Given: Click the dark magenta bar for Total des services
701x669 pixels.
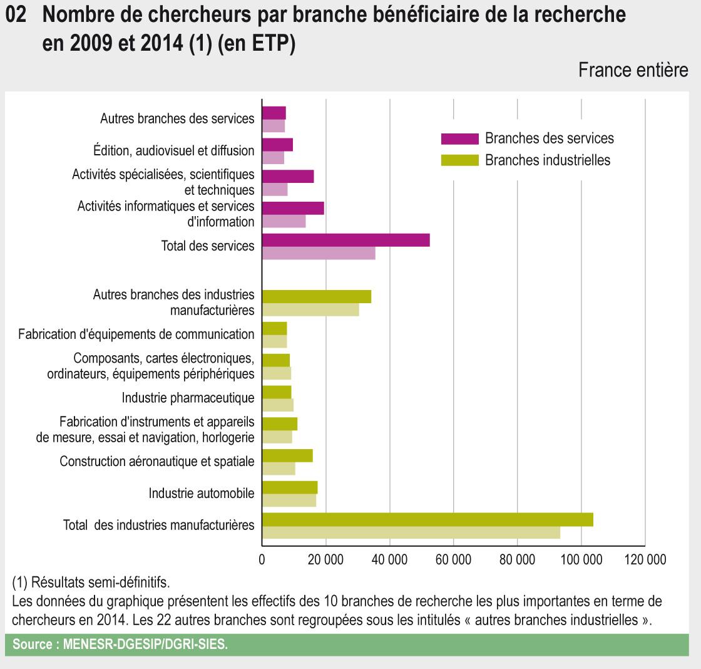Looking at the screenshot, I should (345, 240).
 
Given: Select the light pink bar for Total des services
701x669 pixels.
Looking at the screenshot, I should (319, 253).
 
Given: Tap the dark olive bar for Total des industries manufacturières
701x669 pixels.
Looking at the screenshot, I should (427, 519).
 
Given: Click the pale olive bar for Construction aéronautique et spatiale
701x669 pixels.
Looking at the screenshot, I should (279, 469).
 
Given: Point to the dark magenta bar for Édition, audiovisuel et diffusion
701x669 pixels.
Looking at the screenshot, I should (277, 145).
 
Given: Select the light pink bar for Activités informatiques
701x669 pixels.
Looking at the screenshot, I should (284, 221).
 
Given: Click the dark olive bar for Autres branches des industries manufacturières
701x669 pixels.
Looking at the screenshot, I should (317, 296).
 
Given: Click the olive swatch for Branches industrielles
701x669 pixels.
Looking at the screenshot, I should (459, 160).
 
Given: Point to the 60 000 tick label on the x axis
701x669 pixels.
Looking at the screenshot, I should (453, 559).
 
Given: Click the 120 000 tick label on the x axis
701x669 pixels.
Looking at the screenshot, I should (644, 559).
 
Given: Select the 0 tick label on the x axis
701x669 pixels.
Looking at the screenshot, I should (262, 559).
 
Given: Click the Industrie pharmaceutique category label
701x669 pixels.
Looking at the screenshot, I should (188, 398).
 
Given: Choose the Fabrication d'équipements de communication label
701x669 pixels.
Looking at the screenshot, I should (136, 334).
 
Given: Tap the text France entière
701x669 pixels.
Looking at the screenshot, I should (633, 70).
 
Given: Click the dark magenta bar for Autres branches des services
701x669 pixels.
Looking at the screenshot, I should (274, 113).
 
